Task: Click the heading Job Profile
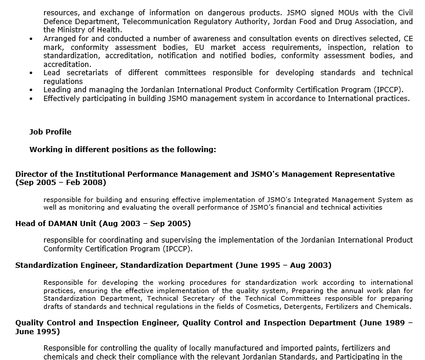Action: click(50, 132)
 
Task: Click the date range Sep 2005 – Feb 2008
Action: click(61, 183)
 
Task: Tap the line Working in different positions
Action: click(123, 150)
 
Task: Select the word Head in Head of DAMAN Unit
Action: click(25, 223)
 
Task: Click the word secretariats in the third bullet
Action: click(88, 73)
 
